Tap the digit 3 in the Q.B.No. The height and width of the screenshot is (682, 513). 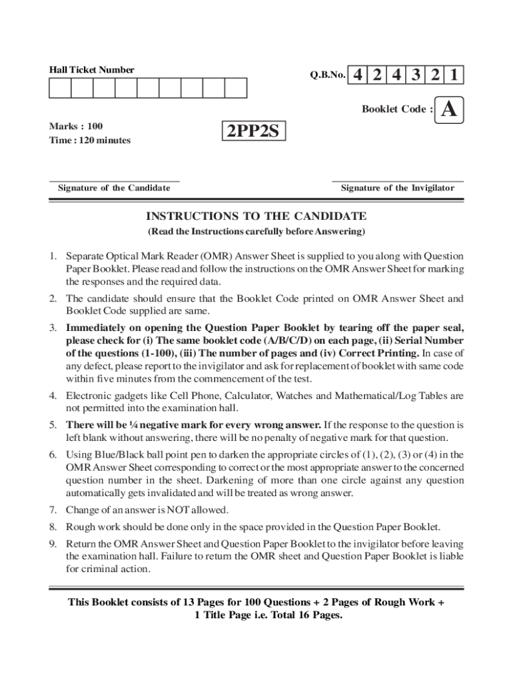pyautogui.click(x=416, y=75)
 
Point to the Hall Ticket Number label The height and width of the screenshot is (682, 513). pyautogui.click(x=92, y=70)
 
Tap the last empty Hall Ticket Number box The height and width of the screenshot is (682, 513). pyautogui.click(x=235, y=88)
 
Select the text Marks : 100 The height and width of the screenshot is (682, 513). pyautogui.click(x=76, y=126)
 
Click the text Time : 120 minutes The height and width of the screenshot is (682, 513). pyautogui.click(x=90, y=140)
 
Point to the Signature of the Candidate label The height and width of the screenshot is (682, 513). pyautogui.click(x=114, y=188)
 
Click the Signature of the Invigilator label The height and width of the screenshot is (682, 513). pyautogui.click(x=397, y=188)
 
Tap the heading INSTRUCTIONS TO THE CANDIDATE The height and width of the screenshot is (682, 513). pyautogui.click(x=256, y=216)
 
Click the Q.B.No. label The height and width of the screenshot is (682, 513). pyautogui.click(x=327, y=76)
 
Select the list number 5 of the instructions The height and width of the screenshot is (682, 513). pyautogui.click(x=52, y=425)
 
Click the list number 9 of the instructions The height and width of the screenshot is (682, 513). pyautogui.click(x=52, y=543)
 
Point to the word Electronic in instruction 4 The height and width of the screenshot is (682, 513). pyautogui.click(x=87, y=396)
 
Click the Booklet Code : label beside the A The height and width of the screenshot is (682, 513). pyautogui.click(x=396, y=109)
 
